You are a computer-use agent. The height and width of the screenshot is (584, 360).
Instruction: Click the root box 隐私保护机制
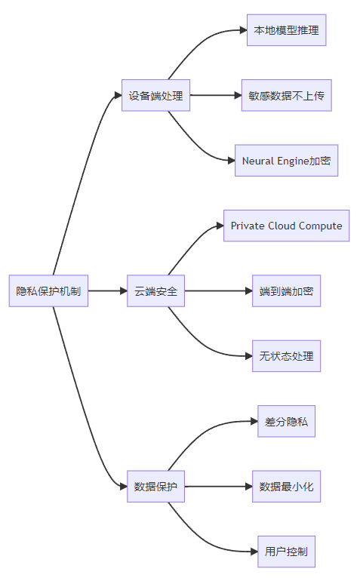click(x=48, y=291)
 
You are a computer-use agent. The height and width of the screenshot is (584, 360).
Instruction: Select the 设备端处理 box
click(x=155, y=95)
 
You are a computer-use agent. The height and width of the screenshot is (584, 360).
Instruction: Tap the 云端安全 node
click(x=155, y=291)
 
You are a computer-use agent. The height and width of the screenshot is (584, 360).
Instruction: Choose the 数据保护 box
click(x=155, y=487)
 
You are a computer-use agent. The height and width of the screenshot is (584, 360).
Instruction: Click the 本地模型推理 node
click(x=287, y=30)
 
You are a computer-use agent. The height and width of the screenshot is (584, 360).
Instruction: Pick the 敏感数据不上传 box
click(x=287, y=95)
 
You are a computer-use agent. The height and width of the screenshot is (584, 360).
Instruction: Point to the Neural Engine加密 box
click(x=287, y=161)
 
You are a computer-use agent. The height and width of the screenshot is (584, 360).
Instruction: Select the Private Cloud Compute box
click(x=287, y=226)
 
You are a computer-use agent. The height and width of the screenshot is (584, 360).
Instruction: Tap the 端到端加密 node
click(x=287, y=291)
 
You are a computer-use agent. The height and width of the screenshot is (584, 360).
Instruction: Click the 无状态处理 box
click(x=287, y=356)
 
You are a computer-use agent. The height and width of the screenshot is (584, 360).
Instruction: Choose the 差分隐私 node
click(x=287, y=421)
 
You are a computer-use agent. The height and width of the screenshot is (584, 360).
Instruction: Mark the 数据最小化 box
click(x=287, y=487)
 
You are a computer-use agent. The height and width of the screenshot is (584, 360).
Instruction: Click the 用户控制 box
click(x=287, y=552)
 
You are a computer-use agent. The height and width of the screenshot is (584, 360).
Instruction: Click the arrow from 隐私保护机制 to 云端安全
click(x=108, y=291)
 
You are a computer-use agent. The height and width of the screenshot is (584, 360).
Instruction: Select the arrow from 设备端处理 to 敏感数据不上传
click(x=216, y=95)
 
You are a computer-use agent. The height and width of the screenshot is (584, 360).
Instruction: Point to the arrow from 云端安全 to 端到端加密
click(x=218, y=291)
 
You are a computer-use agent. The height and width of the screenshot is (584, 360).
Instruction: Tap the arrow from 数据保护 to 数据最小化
click(x=218, y=487)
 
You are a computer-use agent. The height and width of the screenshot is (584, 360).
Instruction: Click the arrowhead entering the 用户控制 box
click(x=254, y=552)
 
